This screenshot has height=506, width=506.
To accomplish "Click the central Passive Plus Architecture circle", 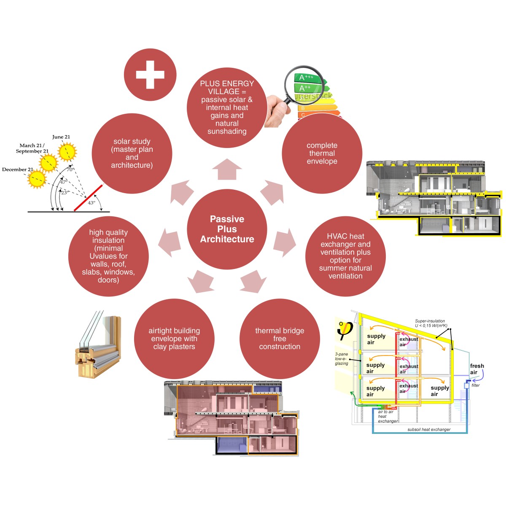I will tap(227, 229).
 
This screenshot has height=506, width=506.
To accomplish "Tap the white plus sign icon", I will tap(150, 75).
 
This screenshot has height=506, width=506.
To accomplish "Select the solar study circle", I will tap(132, 153).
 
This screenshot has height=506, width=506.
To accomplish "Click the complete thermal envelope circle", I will tap(322, 153).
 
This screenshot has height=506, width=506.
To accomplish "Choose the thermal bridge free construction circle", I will tap(280, 339).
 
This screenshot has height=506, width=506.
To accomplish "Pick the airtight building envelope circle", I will tap(174, 339).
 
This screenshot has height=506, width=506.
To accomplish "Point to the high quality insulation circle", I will tap(108, 256).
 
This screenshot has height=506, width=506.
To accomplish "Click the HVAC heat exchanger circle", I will tap(345, 256).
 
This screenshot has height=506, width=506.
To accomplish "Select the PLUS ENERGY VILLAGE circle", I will tap(227, 108).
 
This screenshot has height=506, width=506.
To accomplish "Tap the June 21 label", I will tap(61, 137).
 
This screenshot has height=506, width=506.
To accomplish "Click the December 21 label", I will tap(17, 170).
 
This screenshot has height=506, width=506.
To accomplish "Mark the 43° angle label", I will tap(92, 203).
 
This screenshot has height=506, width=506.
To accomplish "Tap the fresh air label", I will tap(477, 369).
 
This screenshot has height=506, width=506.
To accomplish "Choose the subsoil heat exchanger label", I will tap(429, 430).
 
